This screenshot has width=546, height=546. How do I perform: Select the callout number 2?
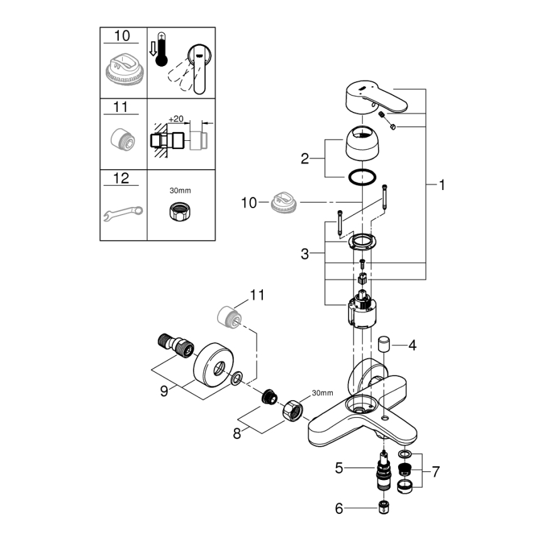pyautogui.click(x=305, y=159)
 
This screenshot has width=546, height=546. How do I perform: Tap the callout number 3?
pyautogui.click(x=305, y=253)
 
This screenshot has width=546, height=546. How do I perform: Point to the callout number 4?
pyautogui.click(x=412, y=345)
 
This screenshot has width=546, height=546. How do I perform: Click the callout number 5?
pyautogui.click(x=340, y=467)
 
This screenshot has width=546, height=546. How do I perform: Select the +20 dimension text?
pyautogui.click(x=175, y=118)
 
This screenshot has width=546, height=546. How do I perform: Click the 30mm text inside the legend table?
pyautogui.click(x=181, y=188)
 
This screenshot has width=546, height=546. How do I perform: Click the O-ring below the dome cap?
pyautogui.click(x=362, y=178)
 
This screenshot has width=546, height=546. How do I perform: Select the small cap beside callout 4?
pyautogui.click(x=385, y=344)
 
